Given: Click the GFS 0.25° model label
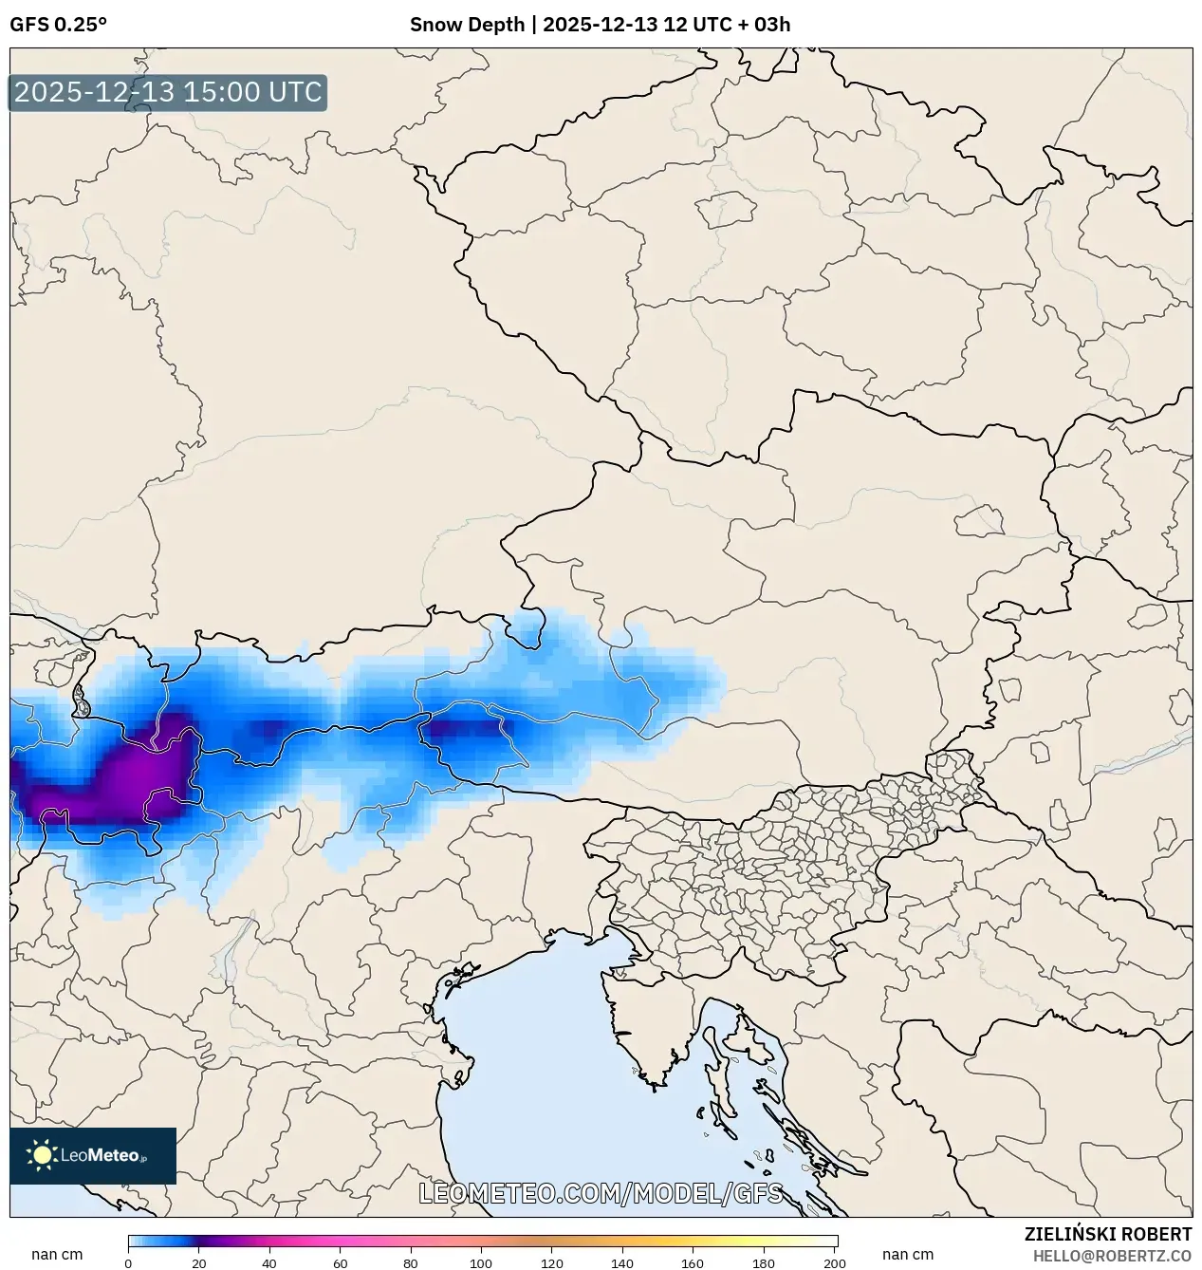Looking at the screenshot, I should click(59, 25).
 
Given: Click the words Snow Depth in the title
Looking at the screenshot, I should click(467, 25).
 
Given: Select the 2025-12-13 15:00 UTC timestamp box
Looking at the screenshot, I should click(168, 93).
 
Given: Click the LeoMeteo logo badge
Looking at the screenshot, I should click(93, 1155).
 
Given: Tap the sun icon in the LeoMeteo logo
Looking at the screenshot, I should click(42, 1155).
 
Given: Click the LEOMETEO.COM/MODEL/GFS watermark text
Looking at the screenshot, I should click(601, 1193).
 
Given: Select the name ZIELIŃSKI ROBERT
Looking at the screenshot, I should click(1107, 1234).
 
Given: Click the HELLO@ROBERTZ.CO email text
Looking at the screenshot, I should click(1112, 1256).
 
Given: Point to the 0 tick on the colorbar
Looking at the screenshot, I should click(128, 1262).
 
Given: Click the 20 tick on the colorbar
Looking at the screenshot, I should click(199, 1262).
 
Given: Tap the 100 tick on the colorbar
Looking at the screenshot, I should click(482, 1262).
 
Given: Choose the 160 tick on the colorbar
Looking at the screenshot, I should click(693, 1262).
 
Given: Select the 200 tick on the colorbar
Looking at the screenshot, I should click(835, 1262).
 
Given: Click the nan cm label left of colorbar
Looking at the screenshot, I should click(57, 1255).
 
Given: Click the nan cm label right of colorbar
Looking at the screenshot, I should click(908, 1255).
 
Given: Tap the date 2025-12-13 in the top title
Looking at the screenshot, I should click(601, 25).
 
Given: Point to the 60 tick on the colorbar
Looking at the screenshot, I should click(341, 1262).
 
